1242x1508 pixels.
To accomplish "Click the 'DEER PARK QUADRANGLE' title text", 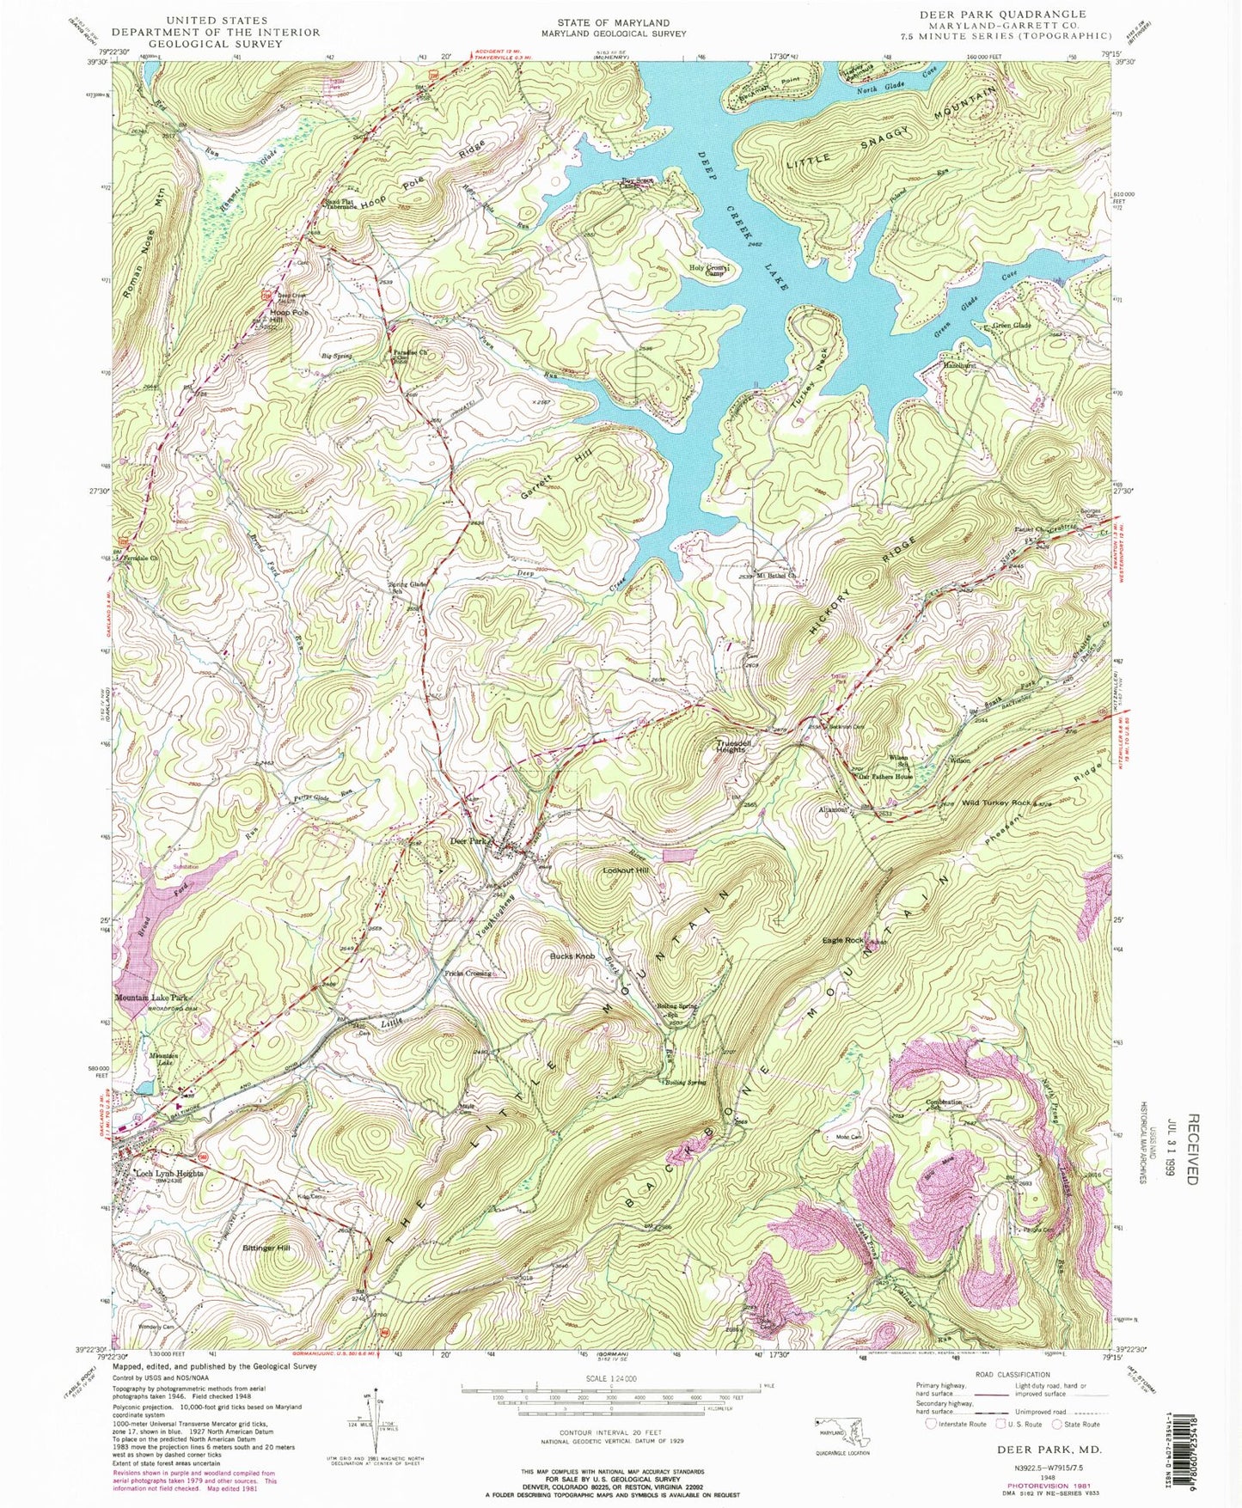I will [989, 14].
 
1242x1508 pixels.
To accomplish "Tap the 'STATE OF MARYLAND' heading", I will [612, 22].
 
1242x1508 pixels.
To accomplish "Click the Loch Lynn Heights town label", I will [169, 1173].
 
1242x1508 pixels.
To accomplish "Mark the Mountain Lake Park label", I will [151, 998].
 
